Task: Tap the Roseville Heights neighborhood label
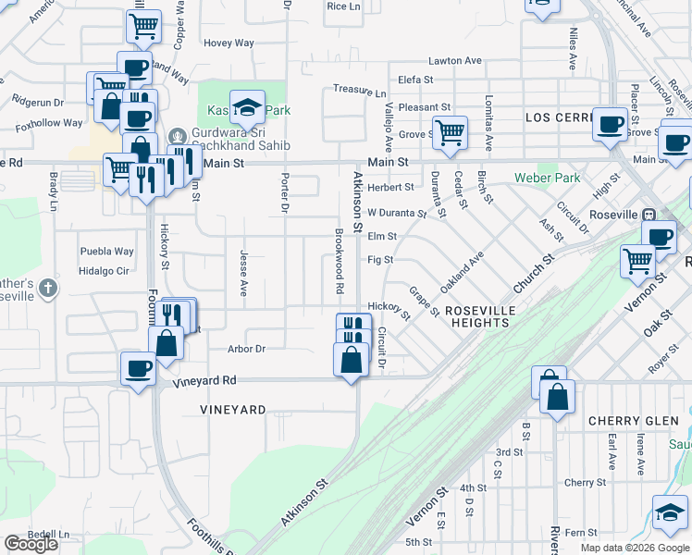click(x=477, y=316)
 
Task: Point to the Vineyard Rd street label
click(x=204, y=380)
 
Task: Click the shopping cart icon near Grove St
click(x=450, y=131)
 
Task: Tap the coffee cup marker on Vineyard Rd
click(x=138, y=368)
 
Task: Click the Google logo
click(x=31, y=544)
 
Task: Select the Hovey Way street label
click(x=229, y=43)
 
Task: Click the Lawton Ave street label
click(x=456, y=61)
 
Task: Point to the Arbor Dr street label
click(x=246, y=349)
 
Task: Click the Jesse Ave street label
click(x=244, y=274)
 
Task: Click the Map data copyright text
click(x=634, y=548)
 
